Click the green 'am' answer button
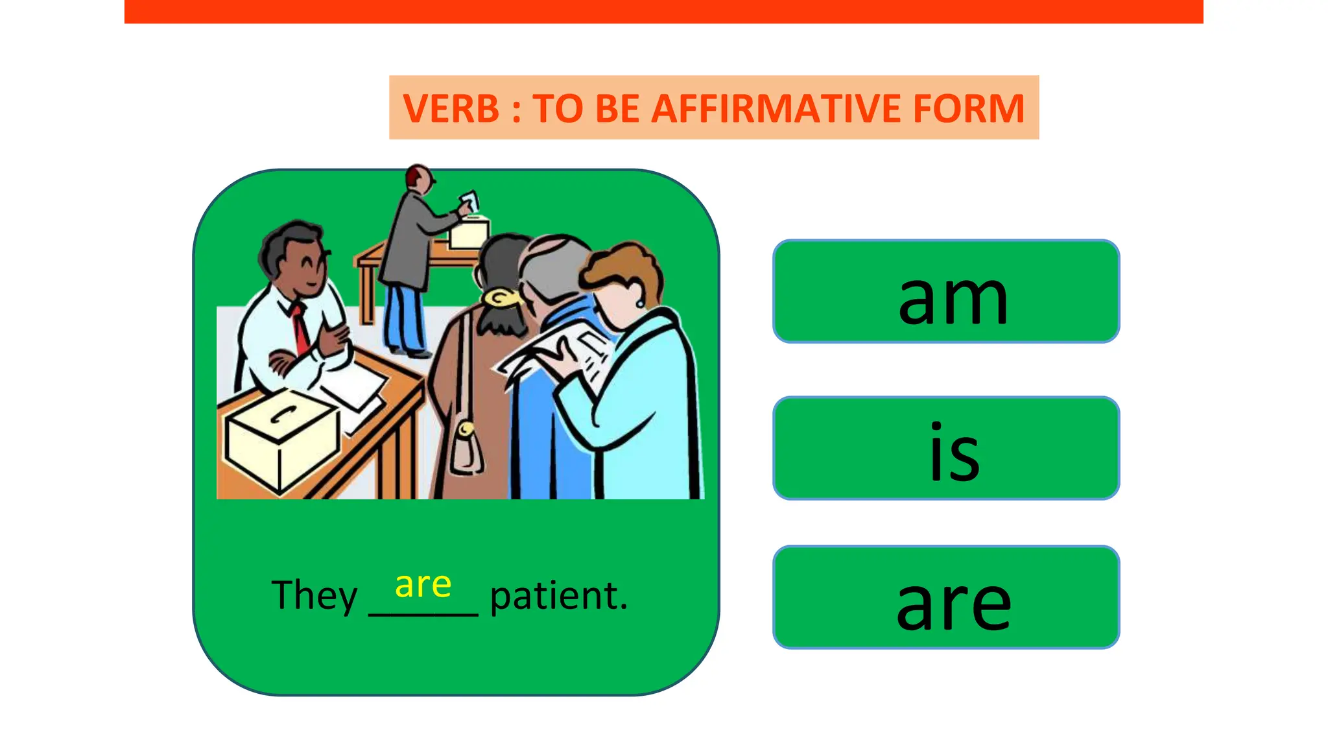tap(946, 291)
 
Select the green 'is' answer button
tap(946, 448)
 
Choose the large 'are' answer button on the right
tap(946, 597)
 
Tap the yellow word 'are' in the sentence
tap(423, 585)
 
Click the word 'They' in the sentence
tap(314, 596)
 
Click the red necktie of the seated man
tap(300, 327)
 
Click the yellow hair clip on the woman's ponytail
tap(501, 298)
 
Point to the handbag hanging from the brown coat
tap(466, 447)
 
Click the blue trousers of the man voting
tap(403, 318)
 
